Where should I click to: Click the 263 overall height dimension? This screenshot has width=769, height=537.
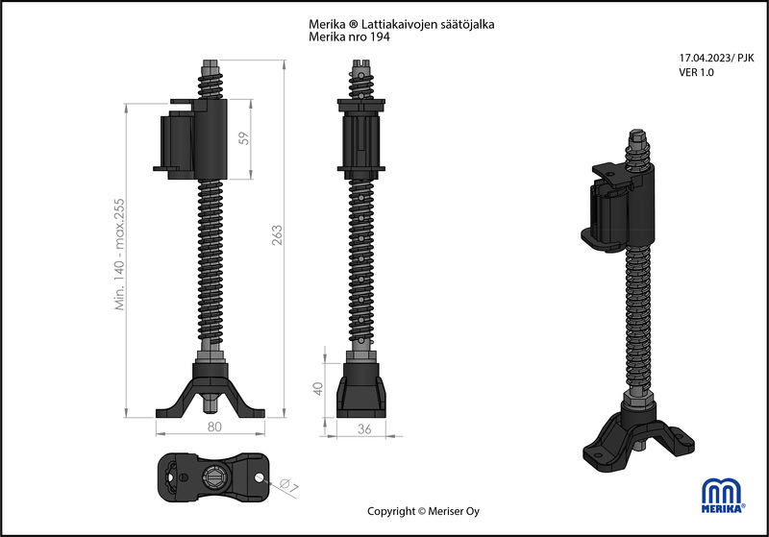click(278, 234)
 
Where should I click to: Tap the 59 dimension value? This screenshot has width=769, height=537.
click(244, 138)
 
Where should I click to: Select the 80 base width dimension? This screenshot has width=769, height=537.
click(214, 427)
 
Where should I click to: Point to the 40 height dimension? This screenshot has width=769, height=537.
click(318, 388)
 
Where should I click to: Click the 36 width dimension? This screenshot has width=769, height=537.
click(364, 429)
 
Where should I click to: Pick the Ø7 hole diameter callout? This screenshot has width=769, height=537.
click(289, 486)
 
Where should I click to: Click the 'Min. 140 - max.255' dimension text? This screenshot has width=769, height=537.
click(119, 255)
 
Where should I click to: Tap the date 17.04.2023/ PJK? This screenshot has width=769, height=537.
click(716, 58)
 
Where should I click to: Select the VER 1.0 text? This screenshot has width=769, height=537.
click(696, 72)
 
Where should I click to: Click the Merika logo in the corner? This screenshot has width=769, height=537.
click(724, 496)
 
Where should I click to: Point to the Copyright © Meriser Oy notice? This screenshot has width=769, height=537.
click(423, 511)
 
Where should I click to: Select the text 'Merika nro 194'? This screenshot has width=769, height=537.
click(349, 37)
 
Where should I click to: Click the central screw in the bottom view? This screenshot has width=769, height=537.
click(213, 476)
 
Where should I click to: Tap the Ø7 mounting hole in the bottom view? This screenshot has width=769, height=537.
click(259, 476)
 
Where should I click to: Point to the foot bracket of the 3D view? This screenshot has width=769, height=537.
click(638, 438)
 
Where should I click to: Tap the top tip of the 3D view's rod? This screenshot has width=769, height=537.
click(636, 132)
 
